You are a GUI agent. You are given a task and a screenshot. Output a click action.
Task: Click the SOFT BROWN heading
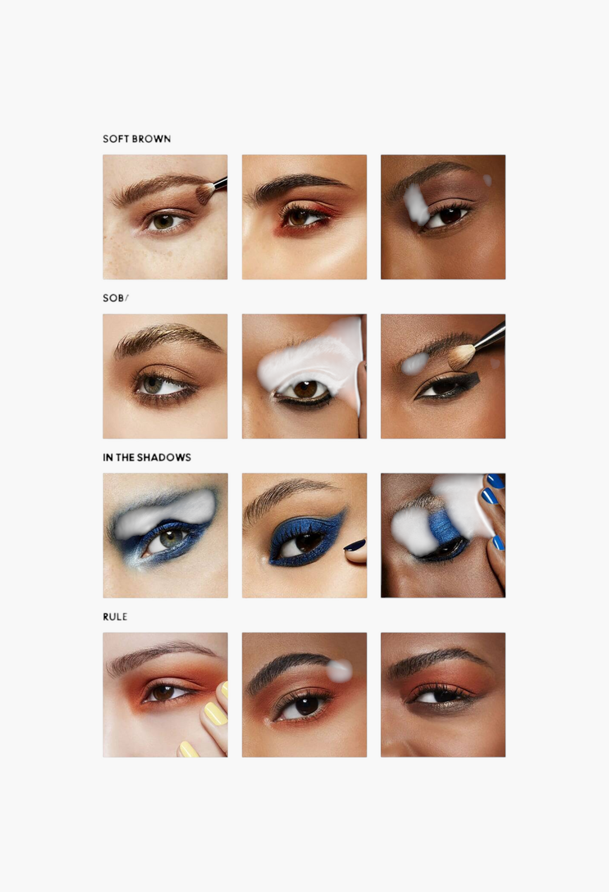point(136,139)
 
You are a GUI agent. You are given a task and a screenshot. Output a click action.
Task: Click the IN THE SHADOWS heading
point(147,457)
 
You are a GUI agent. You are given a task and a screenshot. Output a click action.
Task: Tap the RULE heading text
point(115,617)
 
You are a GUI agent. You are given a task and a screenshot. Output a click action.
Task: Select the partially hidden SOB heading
point(115,298)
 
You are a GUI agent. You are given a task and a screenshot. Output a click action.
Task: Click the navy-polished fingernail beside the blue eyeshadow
point(355,545)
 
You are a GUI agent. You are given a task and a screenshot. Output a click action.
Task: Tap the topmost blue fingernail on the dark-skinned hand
point(495,481)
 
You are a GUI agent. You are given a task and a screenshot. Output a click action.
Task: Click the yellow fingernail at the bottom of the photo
point(188,749)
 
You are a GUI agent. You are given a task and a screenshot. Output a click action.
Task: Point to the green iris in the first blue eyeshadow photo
point(170,538)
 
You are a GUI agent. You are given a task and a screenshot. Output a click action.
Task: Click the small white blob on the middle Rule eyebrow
point(339,669)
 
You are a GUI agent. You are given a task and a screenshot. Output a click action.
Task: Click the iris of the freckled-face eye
point(163,222)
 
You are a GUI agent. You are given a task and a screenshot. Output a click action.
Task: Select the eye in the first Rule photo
point(165,692)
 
